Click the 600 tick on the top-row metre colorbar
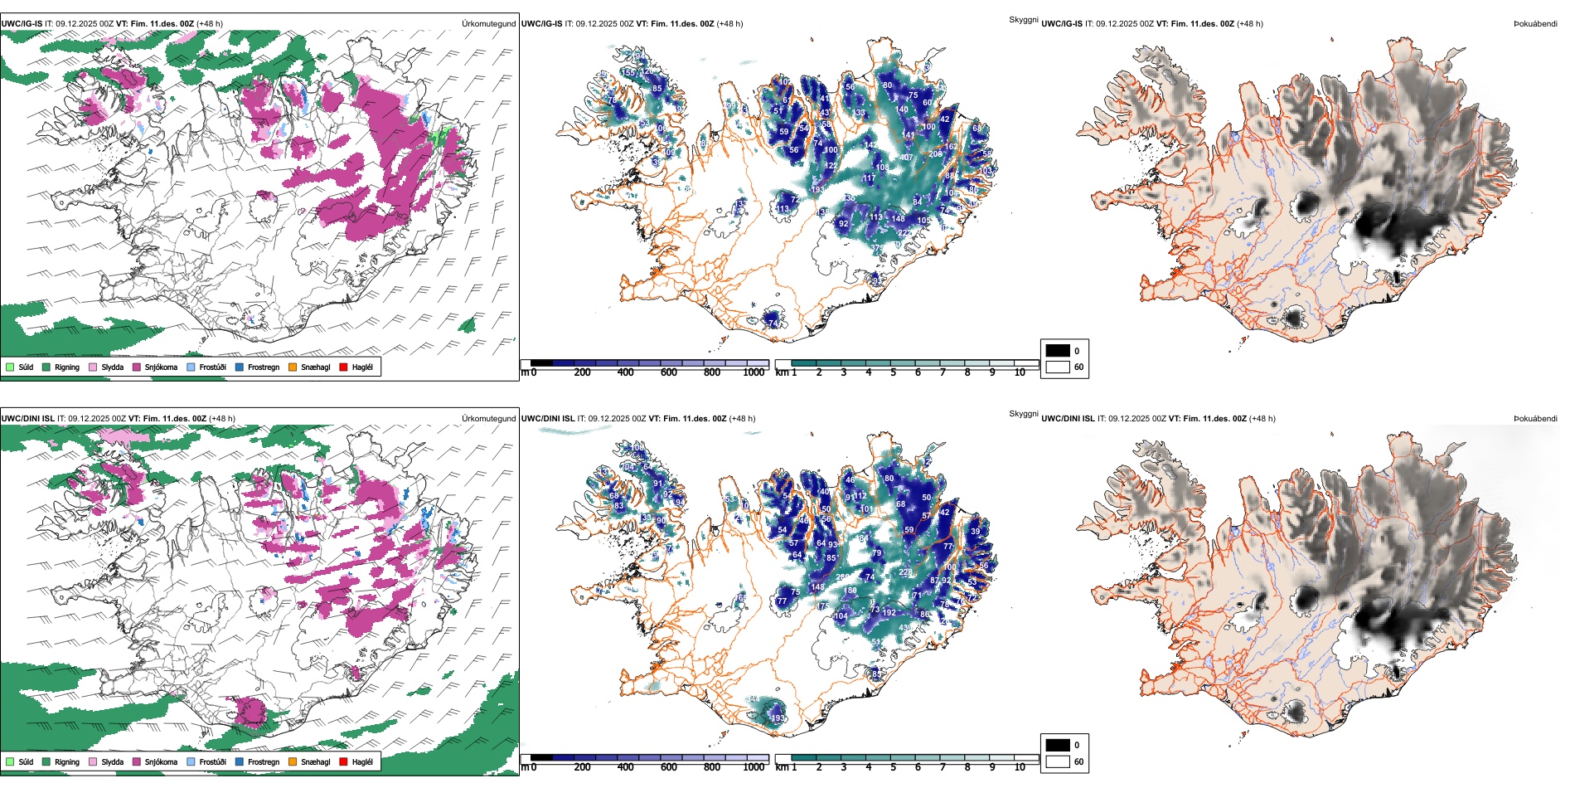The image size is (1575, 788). pyautogui.click(x=669, y=372)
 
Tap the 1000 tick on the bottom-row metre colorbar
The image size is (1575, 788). pyautogui.click(x=754, y=767)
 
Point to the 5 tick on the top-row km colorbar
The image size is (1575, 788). pyautogui.click(x=894, y=372)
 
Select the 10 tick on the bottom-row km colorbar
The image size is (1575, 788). pyautogui.click(x=1020, y=767)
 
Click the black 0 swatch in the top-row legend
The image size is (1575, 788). pyautogui.click(x=1058, y=351)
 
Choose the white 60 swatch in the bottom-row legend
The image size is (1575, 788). pyautogui.click(x=1058, y=761)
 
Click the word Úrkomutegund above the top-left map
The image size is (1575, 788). pyautogui.click(x=488, y=24)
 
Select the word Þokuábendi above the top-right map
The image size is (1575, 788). pyautogui.click(x=1535, y=24)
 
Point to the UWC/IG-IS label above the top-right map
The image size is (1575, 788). pyautogui.click(x=1062, y=24)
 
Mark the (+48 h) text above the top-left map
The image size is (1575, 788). pyautogui.click(x=210, y=24)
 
